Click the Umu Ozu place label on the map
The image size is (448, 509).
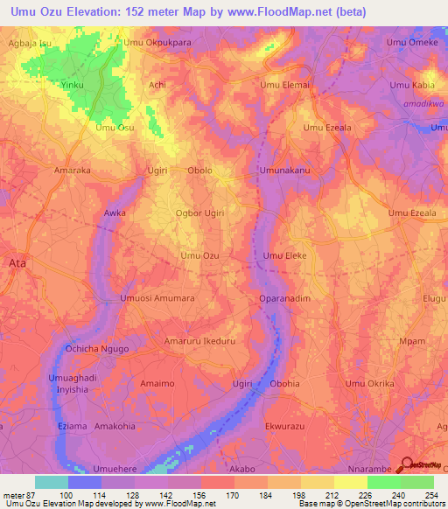coord(199,255)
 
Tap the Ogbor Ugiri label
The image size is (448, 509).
coord(199,213)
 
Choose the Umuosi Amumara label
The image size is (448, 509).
coord(157,298)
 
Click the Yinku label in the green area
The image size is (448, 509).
coord(73,86)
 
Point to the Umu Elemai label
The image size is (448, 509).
coord(284,86)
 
